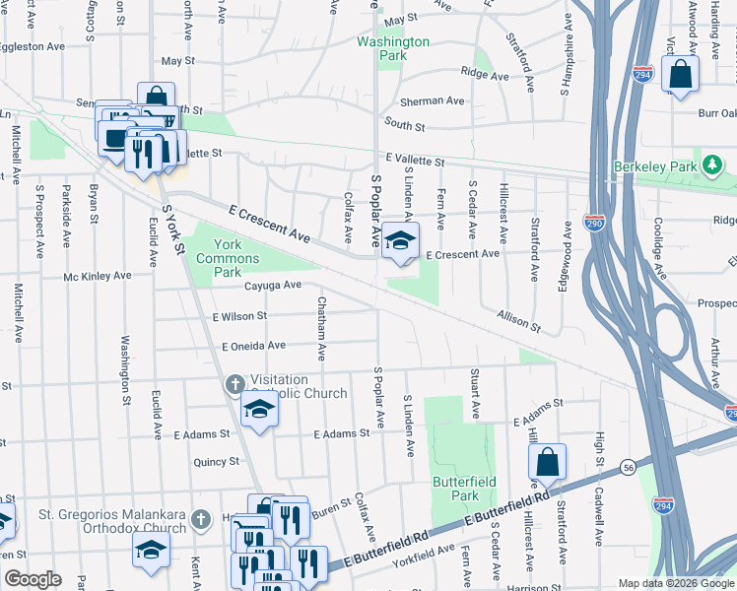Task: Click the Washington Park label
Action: [393, 49]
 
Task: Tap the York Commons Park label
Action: [228, 251]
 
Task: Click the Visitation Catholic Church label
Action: [299, 386]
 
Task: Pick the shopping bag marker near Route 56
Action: [547, 464]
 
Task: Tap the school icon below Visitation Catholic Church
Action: [259, 411]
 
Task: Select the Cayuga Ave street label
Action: [273, 285]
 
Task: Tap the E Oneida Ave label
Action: [253, 346]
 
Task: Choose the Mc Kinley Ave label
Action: [98, 277]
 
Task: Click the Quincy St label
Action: [217, 461]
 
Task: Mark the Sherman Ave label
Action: [432, 100]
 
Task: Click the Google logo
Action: [33, 579]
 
